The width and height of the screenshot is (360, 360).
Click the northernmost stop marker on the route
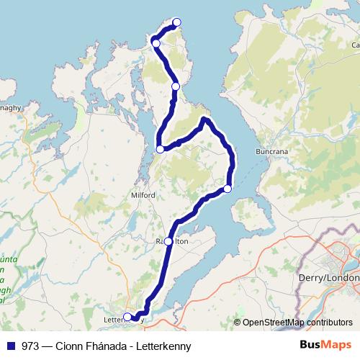(177, 22)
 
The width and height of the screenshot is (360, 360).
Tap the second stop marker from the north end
(156, 44)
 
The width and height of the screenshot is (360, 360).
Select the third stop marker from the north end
(176, 86)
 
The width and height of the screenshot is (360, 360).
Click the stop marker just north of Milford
(160, 149)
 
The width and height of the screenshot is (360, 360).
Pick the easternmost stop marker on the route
(228, 189)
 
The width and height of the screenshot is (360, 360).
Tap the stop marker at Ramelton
(168, 241)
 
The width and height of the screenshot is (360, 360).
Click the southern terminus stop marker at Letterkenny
(127, 317)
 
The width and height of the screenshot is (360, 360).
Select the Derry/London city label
(328, 277)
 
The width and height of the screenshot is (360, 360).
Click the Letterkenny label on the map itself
(115, 318)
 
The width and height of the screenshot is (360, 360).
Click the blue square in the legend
(12, 346)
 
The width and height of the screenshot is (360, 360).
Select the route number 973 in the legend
(30, 346)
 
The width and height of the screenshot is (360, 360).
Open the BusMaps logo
(326, 345)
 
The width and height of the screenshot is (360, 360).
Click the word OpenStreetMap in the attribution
(274, 323)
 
